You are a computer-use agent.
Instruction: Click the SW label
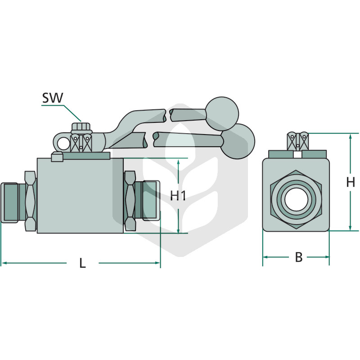53,98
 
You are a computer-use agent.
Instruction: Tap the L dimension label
82,263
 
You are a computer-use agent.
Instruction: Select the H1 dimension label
178,196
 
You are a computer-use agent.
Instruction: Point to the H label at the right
351,183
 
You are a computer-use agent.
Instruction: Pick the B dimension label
299,257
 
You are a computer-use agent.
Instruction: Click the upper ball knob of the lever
222,114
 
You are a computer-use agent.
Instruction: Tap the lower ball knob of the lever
238,141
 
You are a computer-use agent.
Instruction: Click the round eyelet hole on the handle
63,144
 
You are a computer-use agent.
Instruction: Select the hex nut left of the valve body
30,201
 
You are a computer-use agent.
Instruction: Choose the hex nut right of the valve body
130,201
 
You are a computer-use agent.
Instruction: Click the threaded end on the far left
9,202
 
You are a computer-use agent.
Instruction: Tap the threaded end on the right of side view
151,201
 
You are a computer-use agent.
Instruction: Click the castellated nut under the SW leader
82,128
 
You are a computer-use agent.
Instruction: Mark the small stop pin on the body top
57,157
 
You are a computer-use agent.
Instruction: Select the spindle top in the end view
298,141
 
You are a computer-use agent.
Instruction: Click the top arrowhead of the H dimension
351,136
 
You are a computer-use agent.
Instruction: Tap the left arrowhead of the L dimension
4,263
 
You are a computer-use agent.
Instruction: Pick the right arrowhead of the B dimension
327,257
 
